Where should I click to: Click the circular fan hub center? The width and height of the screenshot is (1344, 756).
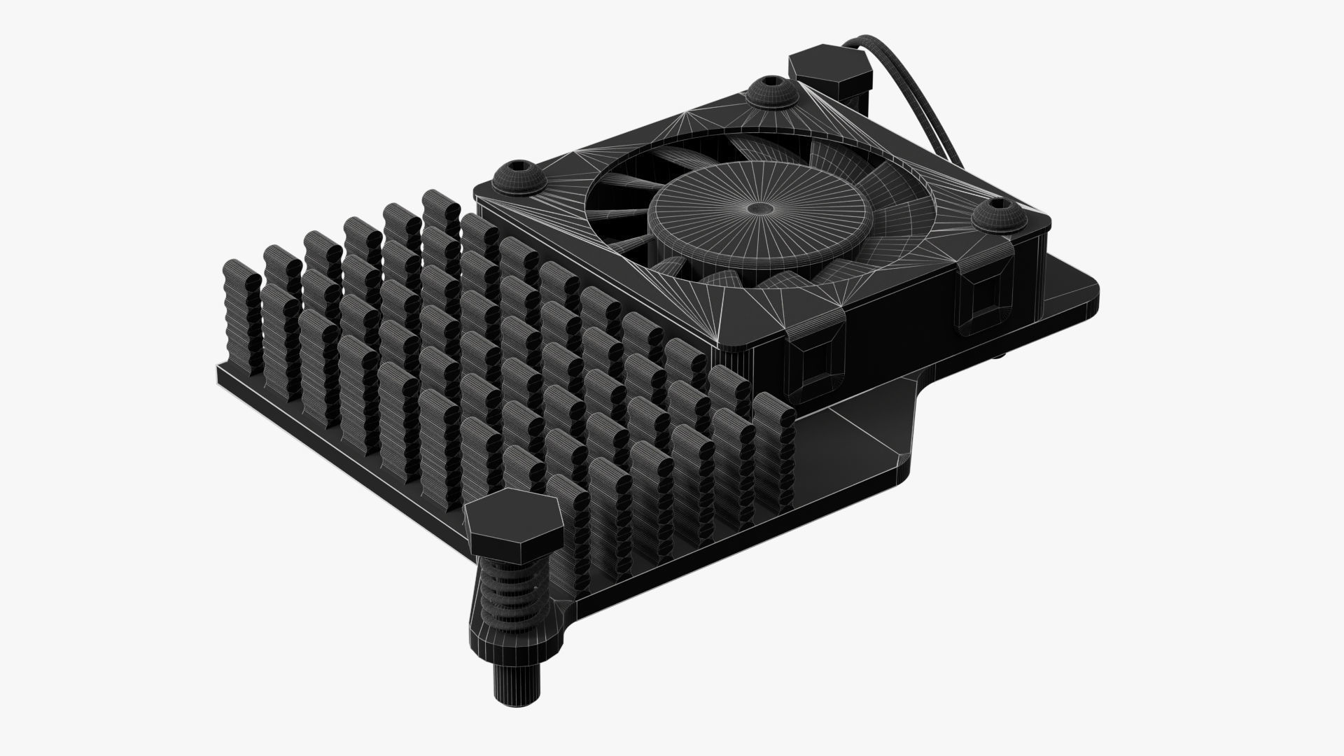pyautogui.click(x=758, y=208)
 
